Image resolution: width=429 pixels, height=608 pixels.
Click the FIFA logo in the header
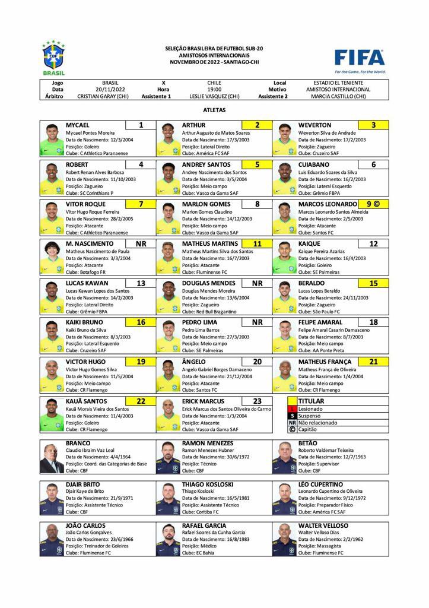pyautogui.click(x=360, y=58)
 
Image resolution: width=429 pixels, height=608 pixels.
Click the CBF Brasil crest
pyautogui.click(x=53, y=56)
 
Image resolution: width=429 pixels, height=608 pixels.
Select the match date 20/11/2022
pyautogui.click(x=110, y=90)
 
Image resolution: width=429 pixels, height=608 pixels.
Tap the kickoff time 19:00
pyautogui.click(x=214, y=90)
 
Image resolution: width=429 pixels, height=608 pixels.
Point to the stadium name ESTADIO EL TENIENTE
pyautogui.click(x=338, y=83)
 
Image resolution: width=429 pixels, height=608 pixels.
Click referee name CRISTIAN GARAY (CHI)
pyautogui.click(x=103, y=96)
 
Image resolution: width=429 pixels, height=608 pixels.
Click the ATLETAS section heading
pyautogui.click(x=214, y=110)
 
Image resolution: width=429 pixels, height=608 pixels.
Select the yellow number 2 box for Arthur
pyautogui.click(x=257, y=125)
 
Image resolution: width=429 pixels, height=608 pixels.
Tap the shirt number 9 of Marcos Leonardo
pyautogui.click(x=369, y=204)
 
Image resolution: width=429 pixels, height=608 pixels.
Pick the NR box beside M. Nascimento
pyautogui.click(x=141, y=243)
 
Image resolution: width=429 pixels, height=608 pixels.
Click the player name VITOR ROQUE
pyautogui.click(x=86, y=204)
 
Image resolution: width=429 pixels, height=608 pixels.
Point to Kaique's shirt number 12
pyautogui.click(x=373, y=243)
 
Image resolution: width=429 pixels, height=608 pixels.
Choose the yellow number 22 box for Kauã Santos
pyautogui.click(x=141, y=401)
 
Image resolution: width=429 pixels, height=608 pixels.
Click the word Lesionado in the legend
pyautogui.click(x=311, y=409)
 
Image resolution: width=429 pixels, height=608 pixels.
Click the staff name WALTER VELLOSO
pyautogui.click(x=323, y=525)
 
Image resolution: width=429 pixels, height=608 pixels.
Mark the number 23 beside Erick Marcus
pyautogui.click(x=257, y=401)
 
